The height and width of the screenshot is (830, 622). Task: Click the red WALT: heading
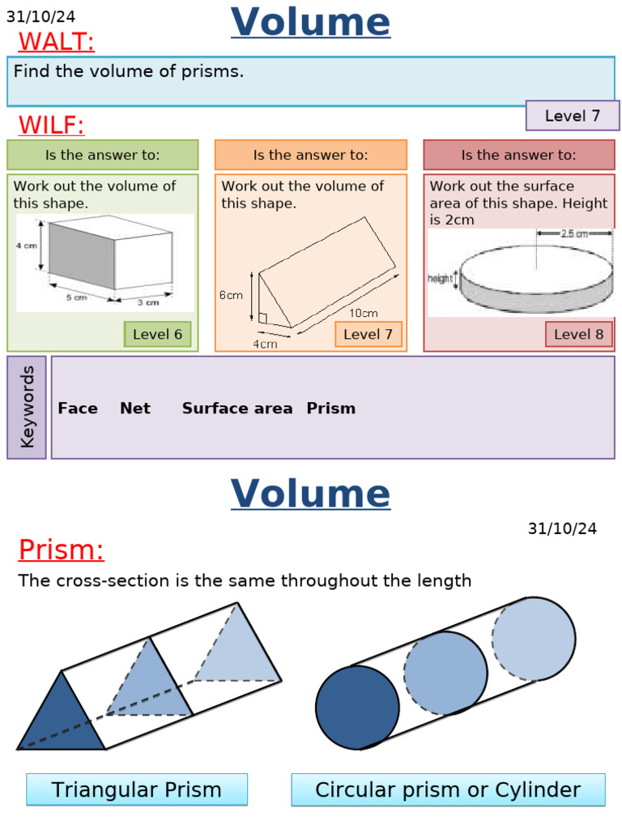pos(56,41)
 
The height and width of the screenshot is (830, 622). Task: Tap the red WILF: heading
pos(51,125)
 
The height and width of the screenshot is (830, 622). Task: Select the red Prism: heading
pos(61,550)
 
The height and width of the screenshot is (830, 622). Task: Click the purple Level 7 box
pos(572,116)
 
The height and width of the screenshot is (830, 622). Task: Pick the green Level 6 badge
pos(157,334)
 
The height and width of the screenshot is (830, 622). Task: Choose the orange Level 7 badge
pos(368,334)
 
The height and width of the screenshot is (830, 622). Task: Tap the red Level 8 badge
pos(578,334)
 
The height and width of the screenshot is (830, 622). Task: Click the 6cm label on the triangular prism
pos(231,296)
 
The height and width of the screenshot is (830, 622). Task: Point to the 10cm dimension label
pos(363,313)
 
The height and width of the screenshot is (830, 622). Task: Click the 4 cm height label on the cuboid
pos(28,246)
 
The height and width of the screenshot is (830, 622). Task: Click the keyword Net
pos(134,409)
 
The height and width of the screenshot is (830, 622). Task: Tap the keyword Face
pos(78,409)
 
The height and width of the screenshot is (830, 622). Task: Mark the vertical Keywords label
pos(28,407)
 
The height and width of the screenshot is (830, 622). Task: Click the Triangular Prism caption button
pos(136,789)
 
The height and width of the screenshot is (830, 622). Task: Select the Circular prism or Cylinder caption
pos(448,789)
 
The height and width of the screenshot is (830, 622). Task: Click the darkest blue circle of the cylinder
pos(357,708)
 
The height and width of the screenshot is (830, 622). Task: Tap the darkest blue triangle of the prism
pos(61,717)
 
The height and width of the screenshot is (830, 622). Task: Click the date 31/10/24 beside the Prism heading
pos(562,528)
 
